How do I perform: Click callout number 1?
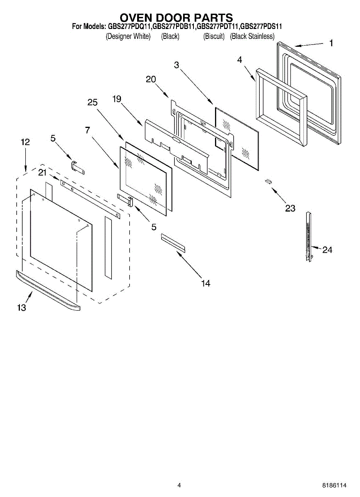point(331,43)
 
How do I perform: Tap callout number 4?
point(239,60)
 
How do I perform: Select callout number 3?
point(176,65)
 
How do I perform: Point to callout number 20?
point(151,80)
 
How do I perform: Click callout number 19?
point(117,99)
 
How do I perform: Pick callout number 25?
point(92,102)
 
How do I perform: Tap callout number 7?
point(87,130)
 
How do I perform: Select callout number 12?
point(25,142)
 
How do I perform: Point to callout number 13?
point(22,307)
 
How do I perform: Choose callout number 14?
point(205,283)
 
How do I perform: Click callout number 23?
point(290,208)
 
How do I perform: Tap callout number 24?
point(327,250)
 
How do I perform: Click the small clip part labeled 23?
point(268,181)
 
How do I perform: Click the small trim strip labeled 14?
point(173,242)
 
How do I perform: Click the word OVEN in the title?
point(137,18)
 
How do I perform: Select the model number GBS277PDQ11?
point(129,27)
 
